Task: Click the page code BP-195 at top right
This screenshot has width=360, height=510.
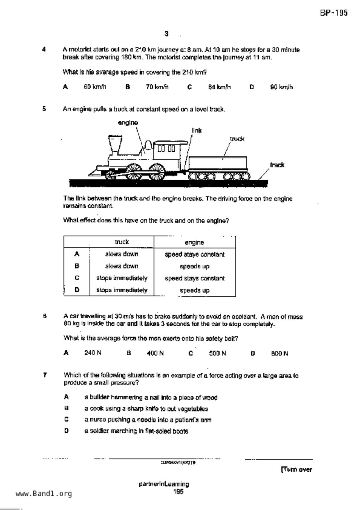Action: point(334,13)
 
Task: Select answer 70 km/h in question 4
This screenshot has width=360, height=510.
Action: point(157,87)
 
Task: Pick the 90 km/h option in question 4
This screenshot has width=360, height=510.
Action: point(281,87)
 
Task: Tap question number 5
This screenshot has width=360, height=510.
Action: point(44,109)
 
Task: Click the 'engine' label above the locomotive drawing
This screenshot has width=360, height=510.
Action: point(128,123)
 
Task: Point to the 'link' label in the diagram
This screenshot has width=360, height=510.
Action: point(197,131)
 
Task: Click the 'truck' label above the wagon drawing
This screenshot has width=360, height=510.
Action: point(237,139)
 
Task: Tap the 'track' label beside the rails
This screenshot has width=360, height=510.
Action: point(277,165)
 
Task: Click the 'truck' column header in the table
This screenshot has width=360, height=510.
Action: point(122,242)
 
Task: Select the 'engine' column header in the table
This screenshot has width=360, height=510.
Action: point(194,242)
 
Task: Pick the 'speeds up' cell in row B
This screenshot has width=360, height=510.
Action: point(194,266)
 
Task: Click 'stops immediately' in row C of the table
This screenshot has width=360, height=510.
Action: point(122,278)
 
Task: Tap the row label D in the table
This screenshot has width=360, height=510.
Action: point(77,290)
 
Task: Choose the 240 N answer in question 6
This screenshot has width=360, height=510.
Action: point(93,353)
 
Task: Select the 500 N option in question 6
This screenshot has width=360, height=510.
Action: point(217,353)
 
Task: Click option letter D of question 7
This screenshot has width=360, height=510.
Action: point(67,431)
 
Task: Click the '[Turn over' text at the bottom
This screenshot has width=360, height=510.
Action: point(296,469)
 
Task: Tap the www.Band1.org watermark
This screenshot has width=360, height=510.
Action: point(44,493)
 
